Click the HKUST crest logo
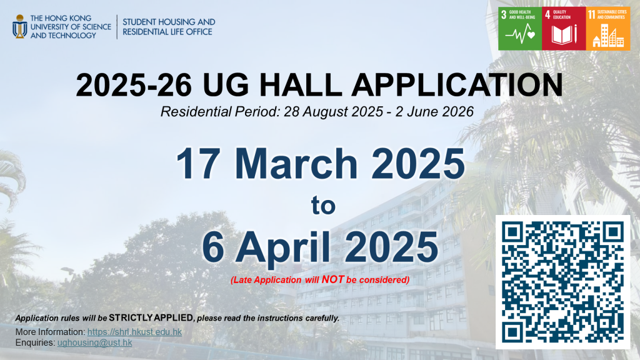pos(19,26)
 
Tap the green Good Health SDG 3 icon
pos(520,29)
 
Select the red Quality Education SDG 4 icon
pos(564,29)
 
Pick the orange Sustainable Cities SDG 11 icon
pos(608,29)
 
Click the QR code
pos(563,282)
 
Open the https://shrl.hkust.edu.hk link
pos(135,332)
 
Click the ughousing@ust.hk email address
pos(95,342)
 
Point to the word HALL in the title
pos(301,85)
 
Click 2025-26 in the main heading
pos(134,85)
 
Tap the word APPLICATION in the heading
pos(457,85)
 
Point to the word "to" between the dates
pos(323,206)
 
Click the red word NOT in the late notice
pos(333,279)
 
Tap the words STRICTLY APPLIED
pos(151,317)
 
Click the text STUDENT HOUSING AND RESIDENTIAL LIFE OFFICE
pos(169,27)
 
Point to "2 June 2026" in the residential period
pos(434,111)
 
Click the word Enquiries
pos(35,342)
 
